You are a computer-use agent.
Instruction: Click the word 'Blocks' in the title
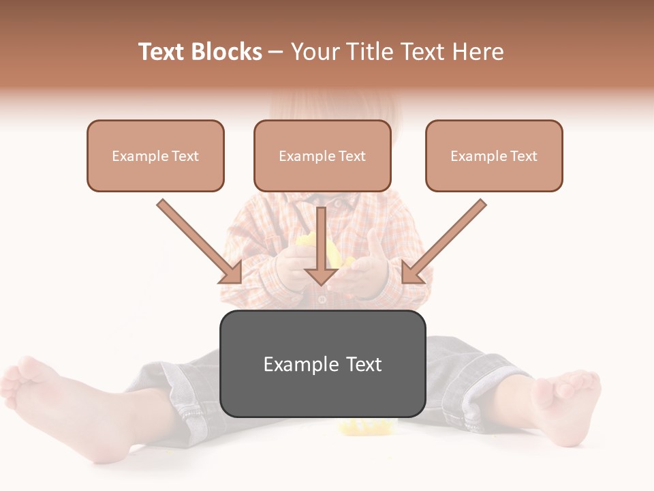[x=228, y=52]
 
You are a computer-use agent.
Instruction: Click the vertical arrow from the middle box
[x=322, y=245]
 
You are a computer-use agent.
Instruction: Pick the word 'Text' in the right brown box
[x=523, y=156]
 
